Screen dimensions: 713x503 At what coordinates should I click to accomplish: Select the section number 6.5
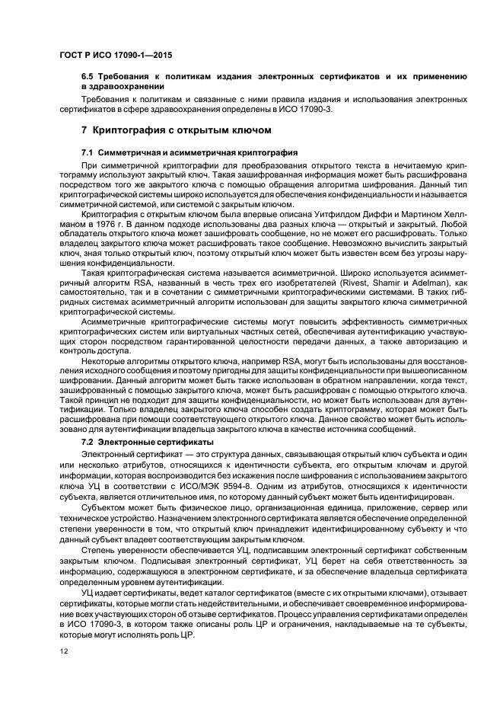(x=88, y=77)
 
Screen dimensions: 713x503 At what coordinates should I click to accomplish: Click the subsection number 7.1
(x=88, y=153)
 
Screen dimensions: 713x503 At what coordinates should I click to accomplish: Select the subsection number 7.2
(x=88, y=441)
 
